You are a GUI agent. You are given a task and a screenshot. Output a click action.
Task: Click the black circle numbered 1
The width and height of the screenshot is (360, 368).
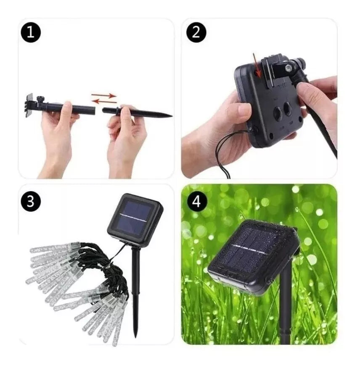tap(31, 33)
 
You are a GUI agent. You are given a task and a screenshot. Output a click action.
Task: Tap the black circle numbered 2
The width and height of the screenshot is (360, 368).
tap(196, 33)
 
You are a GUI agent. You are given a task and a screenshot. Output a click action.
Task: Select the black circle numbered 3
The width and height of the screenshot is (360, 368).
tap(31, 201)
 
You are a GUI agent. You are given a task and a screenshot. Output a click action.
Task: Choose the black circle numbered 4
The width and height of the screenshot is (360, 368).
tap(196, 201)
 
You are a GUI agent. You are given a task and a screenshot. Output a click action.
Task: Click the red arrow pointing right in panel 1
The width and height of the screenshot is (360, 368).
tap(103, 95)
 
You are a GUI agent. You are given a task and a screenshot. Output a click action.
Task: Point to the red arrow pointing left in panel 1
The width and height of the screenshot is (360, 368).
tap(104, 101)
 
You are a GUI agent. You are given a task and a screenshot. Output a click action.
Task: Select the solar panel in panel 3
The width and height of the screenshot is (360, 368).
tap(135, 218)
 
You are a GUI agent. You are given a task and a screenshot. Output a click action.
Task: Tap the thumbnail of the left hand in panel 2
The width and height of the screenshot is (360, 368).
tap(244, 109)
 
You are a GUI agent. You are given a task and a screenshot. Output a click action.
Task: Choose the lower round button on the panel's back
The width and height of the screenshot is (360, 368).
tap(279, 113)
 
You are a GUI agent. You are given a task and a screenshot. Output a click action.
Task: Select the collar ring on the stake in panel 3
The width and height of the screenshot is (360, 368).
tap(136, 293)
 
